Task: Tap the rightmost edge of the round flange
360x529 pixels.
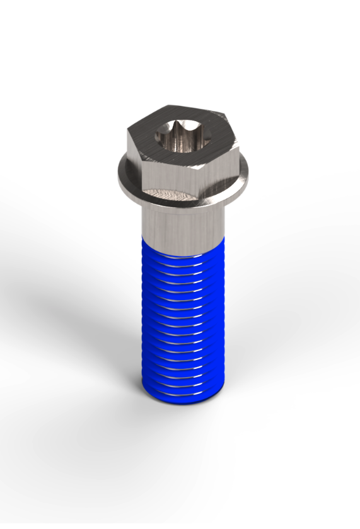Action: click(253, 170)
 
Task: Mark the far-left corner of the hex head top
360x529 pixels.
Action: click(128, 132)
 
